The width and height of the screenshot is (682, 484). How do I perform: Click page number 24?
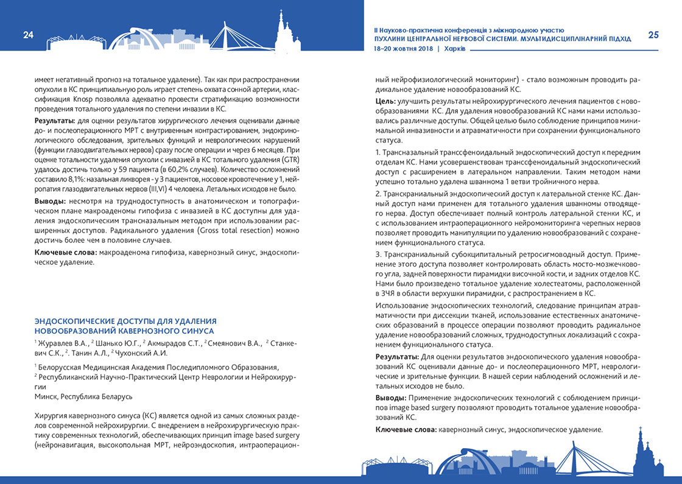(28, 35)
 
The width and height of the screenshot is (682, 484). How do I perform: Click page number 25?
(653, 35)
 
